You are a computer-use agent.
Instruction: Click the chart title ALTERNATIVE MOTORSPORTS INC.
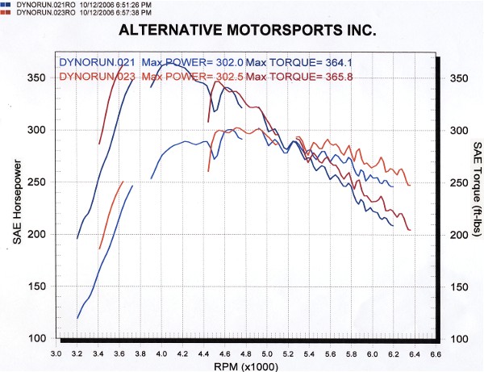point(247,32)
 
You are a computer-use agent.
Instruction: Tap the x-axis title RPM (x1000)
point(248,364)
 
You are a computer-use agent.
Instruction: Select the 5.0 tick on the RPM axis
point(268,353)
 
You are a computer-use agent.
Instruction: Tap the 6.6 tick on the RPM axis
point(436,353)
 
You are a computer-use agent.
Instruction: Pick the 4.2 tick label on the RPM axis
point(183,353)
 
